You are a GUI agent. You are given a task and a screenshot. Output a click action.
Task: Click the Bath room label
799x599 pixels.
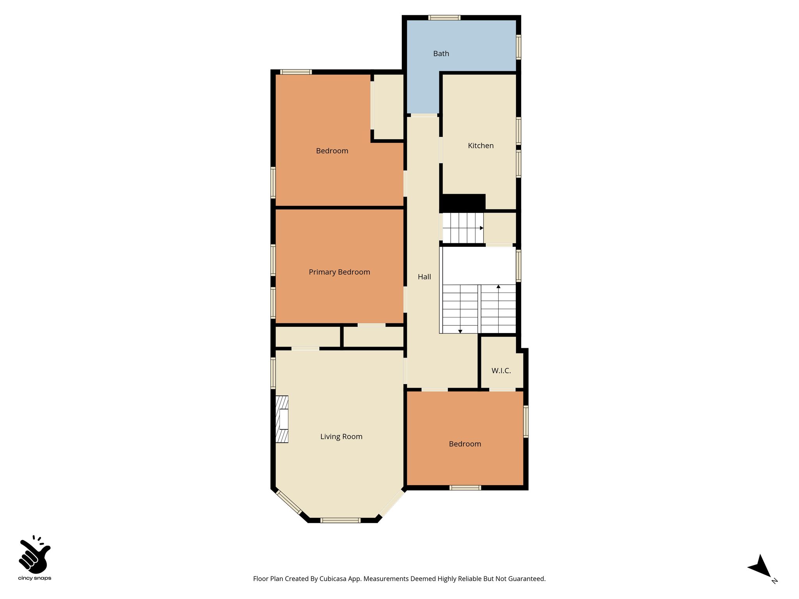[441, 54]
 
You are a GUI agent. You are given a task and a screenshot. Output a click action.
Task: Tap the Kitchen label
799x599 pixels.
[481, 146]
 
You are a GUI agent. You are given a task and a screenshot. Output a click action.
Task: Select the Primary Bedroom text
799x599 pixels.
[339, 272]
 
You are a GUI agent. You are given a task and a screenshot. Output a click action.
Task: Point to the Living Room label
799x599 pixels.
[341, 437]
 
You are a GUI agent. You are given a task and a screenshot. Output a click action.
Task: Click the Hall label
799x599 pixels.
[424, 277]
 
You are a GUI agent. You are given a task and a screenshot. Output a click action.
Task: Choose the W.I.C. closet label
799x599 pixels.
[501, 371]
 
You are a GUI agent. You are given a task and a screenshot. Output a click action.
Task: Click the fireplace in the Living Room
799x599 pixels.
[282, 419]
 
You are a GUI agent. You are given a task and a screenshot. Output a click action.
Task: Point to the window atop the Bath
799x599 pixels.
[444, 18]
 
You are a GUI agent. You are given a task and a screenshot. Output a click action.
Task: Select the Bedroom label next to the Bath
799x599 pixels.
[332, 151]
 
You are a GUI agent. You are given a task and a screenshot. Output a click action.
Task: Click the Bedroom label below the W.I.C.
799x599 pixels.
[465, 444]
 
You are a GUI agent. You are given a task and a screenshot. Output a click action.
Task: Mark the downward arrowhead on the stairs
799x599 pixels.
[460, 331]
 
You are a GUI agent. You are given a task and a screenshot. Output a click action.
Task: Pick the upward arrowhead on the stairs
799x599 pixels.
[498, 287]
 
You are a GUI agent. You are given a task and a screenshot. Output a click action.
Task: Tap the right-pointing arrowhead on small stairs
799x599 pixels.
[482, 228]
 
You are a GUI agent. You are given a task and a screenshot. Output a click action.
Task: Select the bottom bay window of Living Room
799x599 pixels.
[340, 520]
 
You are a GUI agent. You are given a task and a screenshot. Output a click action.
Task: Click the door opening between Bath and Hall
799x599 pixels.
[424, 115]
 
